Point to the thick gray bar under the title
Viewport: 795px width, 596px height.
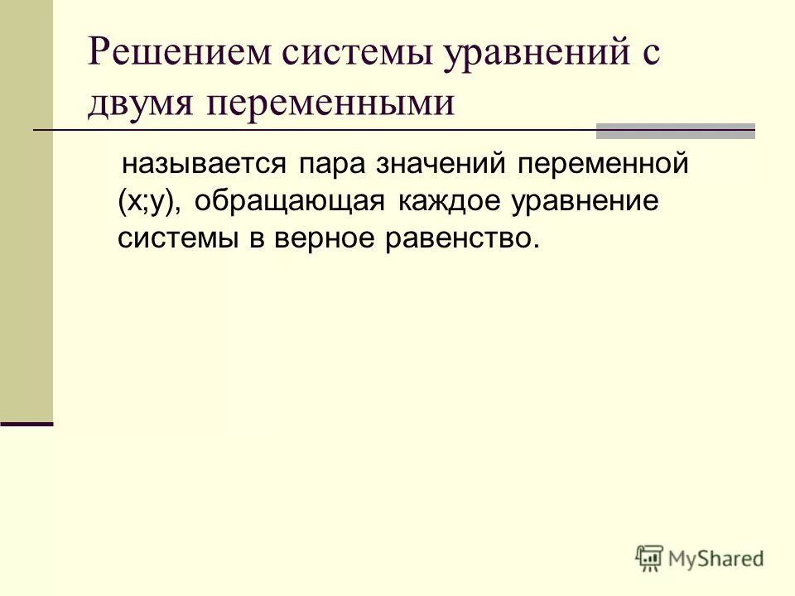(x=676, y=130)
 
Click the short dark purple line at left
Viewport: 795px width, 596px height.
(x=26, y=424)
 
